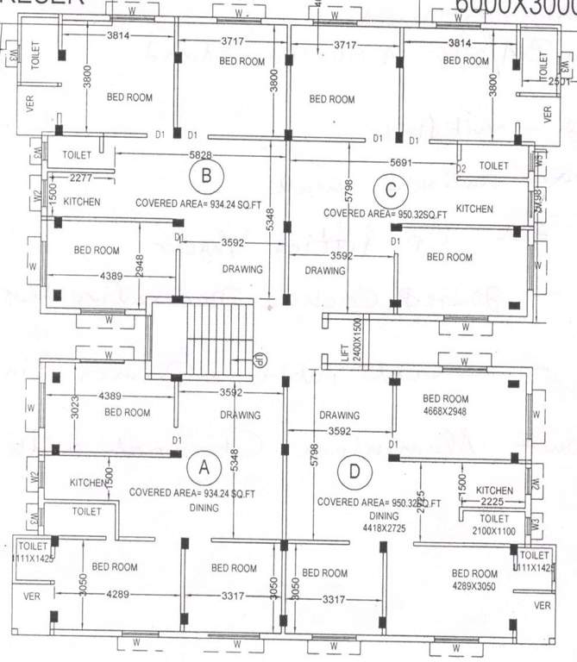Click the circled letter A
coord(204,467)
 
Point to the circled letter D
coord(354,472)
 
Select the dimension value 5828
coord(199,154)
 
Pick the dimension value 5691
coord(405,161)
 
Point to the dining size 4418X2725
coord(384,527)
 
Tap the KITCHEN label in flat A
coord(88,482)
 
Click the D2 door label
coord(461,167)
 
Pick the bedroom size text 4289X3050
coord(474,586)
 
